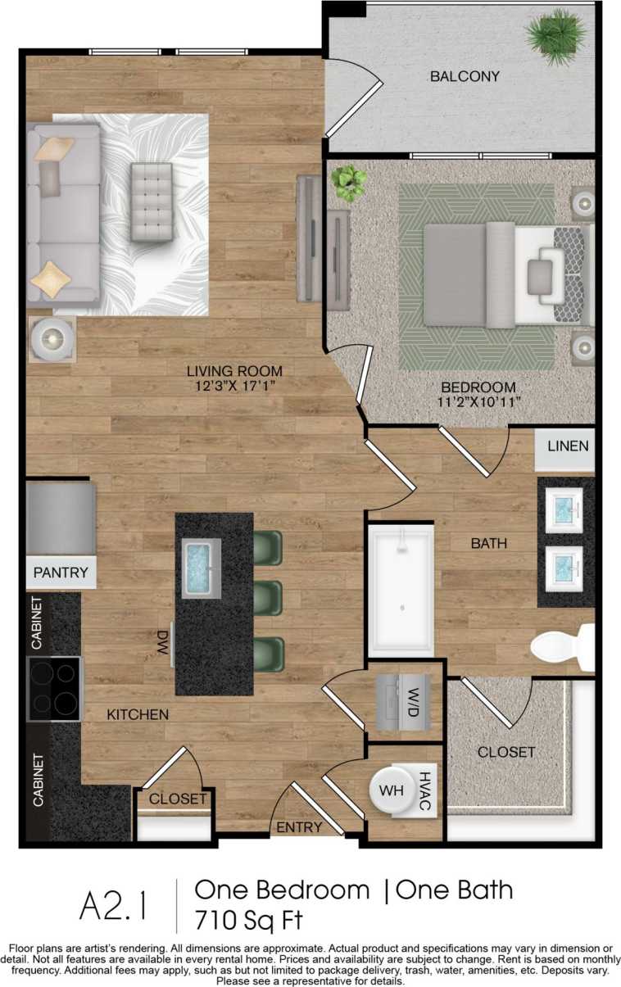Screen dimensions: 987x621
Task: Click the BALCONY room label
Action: tap(465, 77)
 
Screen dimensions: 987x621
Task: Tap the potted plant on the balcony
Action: tap(557, 35)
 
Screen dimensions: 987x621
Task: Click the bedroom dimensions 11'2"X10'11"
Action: tap(478, 401)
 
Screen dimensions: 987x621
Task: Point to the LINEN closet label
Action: tap(567, 446)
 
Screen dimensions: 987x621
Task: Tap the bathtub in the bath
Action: tap(401, 590)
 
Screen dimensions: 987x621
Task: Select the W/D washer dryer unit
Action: tap(403, 702)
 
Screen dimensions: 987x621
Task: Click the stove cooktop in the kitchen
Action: tap(54, 689)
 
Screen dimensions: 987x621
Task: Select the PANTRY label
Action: tap(61, 573)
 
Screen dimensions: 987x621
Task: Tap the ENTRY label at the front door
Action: tap(299, 827)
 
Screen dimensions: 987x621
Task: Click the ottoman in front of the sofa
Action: tap(152, 201)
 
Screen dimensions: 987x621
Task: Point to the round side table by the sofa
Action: tap(52, 339)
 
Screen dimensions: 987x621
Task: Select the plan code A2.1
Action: tap(114, 906)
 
